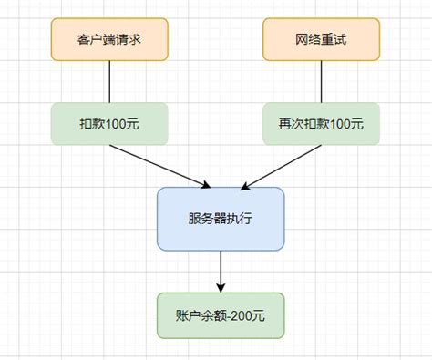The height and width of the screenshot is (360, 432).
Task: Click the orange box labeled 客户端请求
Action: coord(109,39)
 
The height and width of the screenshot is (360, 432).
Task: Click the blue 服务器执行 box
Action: coord(221,218)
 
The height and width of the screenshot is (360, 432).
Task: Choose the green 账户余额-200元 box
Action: coord(221,315)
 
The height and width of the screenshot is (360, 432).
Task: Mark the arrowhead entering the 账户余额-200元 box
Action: coord(221,287)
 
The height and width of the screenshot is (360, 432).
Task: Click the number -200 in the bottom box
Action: coord(241,315)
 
